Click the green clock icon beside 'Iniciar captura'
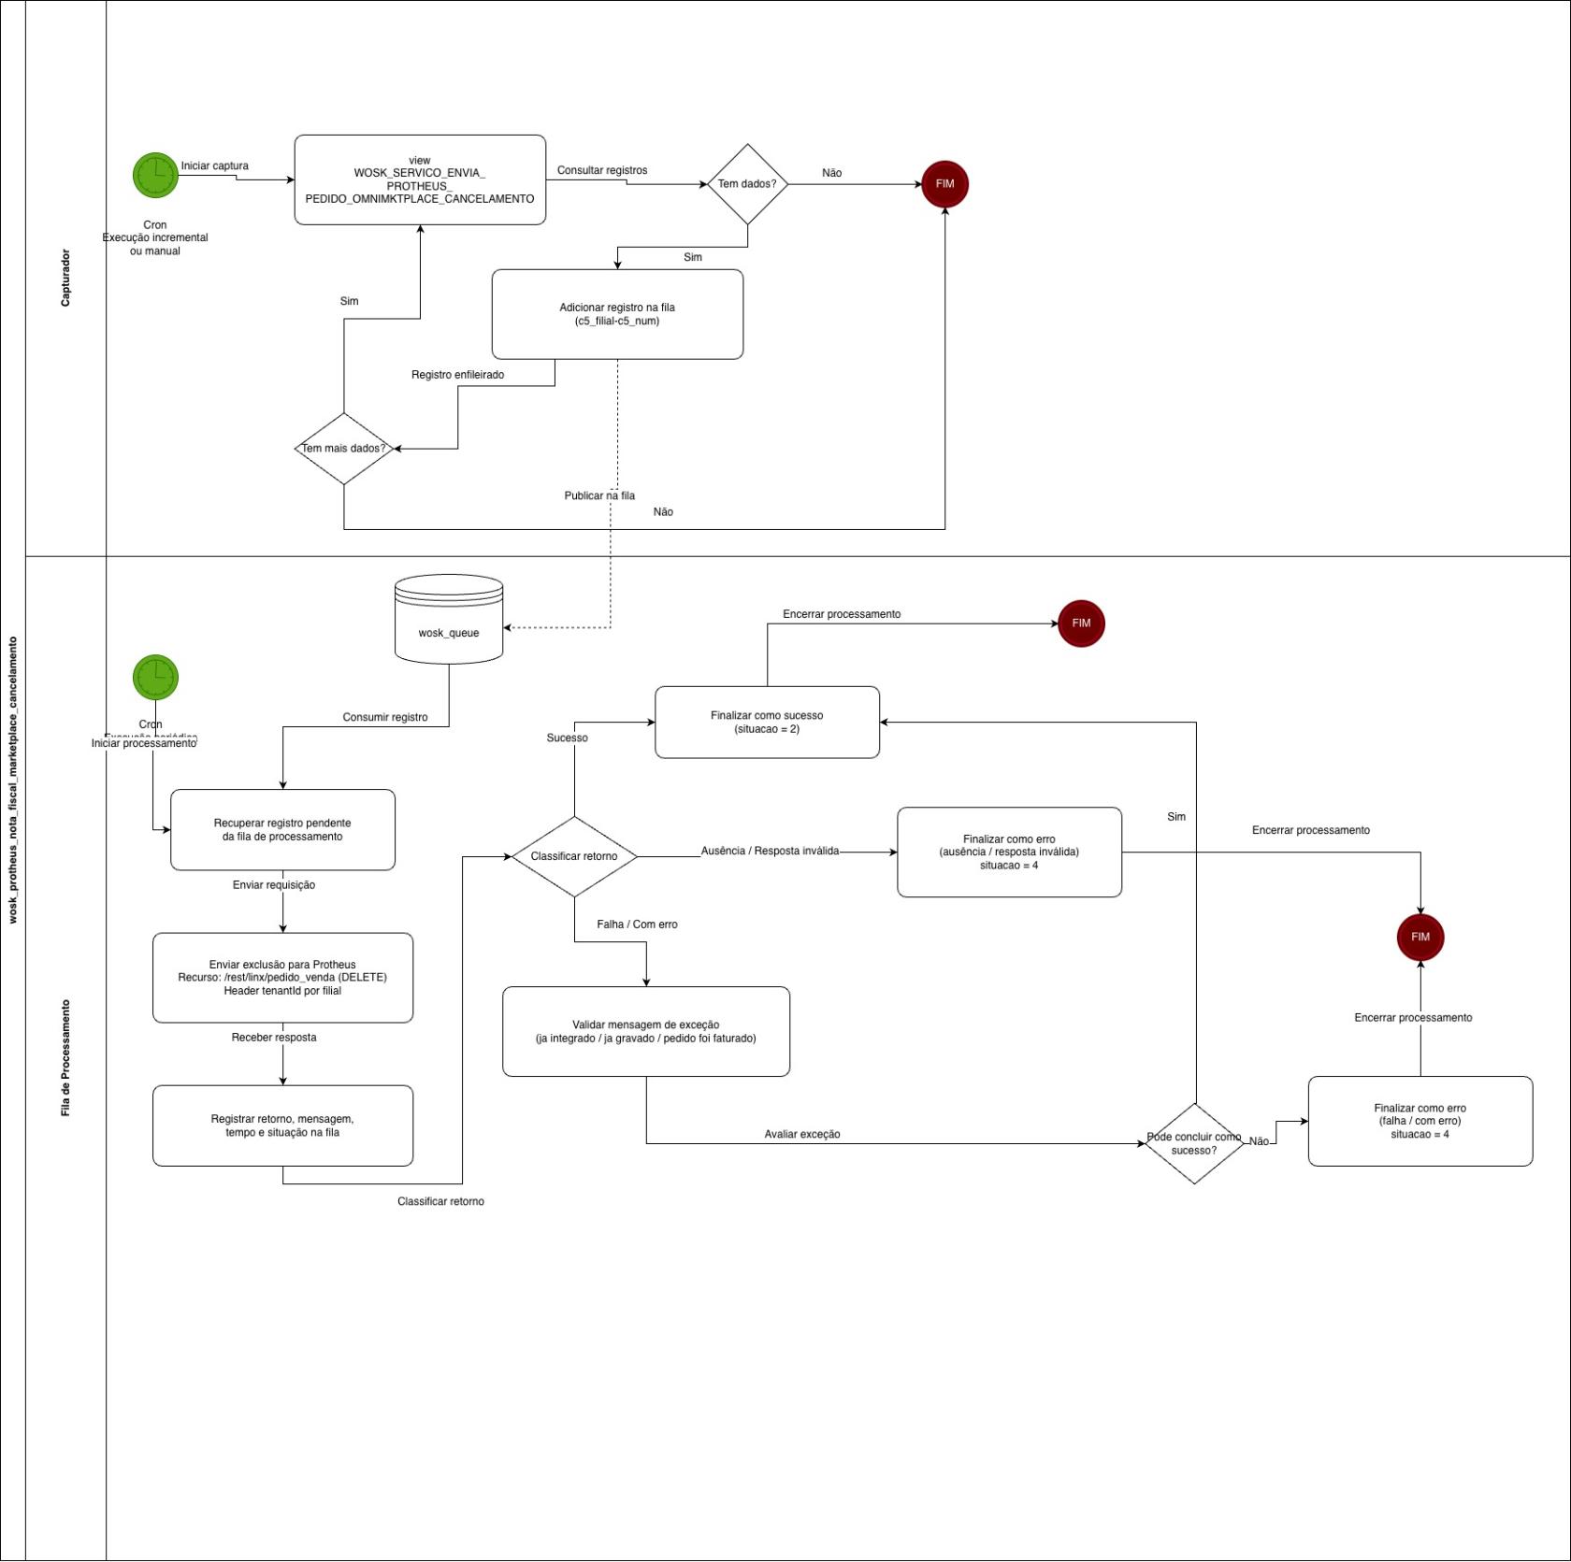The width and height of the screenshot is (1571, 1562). [x=155, y=176]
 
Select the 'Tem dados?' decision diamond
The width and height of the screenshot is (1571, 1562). [x=747, y=184]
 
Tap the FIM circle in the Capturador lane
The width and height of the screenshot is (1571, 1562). [x=944, y=184]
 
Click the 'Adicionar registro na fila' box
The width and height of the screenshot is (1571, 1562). [x=617, y=314]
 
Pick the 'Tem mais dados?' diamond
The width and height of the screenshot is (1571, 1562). [x=344, y=449]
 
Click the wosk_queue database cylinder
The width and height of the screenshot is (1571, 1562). [x=449, y=621]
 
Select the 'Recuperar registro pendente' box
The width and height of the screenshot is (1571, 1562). [x=282, y=830]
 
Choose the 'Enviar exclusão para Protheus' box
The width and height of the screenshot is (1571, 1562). [x=282, y=978]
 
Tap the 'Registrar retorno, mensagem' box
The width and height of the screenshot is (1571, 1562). [x=282, y=1125]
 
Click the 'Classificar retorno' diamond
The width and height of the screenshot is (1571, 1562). [x=574, y=856]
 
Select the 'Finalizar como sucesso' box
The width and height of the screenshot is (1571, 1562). [x=767, y=723]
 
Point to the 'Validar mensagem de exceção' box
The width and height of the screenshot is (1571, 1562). [x=646, y=1032]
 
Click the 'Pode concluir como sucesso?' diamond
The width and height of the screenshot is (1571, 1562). [x=1194, y=1143]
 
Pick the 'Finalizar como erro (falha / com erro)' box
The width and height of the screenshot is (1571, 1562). [x=1420, y=1121]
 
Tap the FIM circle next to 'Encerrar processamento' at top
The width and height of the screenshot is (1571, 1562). [x=1081, y=623]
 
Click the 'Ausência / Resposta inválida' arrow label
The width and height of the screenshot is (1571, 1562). [x=770, y=852]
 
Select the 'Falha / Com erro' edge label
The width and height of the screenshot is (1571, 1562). [x=637, y=924]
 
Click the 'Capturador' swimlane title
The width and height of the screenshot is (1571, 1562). [x=65, y=278]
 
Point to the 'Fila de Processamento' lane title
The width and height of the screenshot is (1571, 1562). [x=65, y=1057]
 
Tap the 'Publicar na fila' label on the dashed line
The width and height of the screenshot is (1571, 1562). [x=599, y=495]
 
